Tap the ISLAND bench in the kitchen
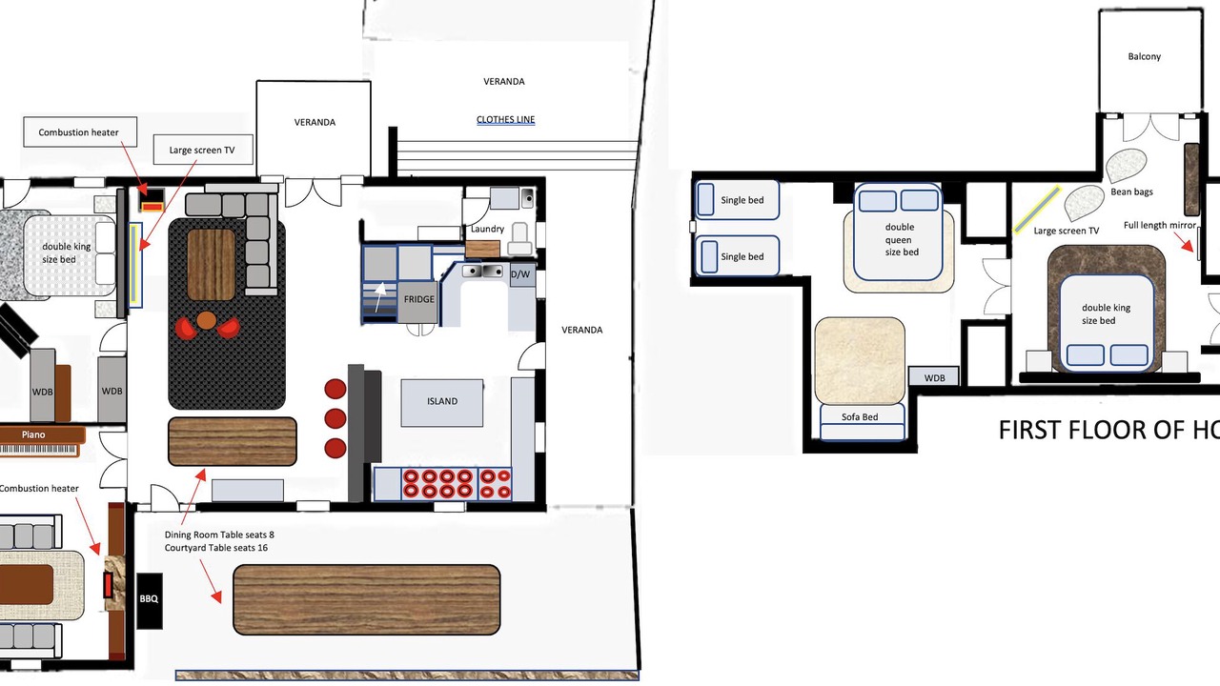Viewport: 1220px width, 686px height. coord(441,402)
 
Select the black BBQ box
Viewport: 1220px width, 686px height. coord(149,600)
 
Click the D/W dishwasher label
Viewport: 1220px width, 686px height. coord(520,274)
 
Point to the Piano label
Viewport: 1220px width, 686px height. coord(33,434)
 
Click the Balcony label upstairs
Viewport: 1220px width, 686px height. coord(1144,56)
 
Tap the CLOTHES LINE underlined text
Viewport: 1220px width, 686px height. coord(505,119)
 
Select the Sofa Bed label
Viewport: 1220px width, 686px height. coord(860,417)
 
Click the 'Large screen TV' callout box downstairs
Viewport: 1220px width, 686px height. coord(203,150)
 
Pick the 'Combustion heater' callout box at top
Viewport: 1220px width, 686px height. coord(79,131)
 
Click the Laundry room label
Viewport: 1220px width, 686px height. coord(487,230)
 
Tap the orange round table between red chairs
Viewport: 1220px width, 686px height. coord(206,320)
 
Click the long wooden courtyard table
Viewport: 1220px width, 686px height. coord(367,599)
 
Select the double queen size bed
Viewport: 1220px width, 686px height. coord(898,232)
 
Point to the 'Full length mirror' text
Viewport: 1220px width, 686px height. coord(1160,225)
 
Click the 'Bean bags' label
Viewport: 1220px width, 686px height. coord(1131,192)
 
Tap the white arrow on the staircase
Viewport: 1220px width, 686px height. coord(380,296)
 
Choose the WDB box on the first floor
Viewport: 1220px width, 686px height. coord(933,376)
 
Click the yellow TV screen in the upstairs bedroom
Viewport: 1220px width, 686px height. coord(1037,210)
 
